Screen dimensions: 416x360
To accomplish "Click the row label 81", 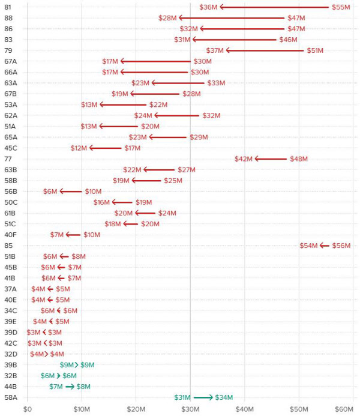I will [x=8, y=7].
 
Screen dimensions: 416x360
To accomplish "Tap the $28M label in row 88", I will [x=167, y=18].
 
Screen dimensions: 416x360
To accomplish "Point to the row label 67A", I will [x=10, y=61].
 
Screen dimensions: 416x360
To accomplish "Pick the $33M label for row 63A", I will [x=216, y=83].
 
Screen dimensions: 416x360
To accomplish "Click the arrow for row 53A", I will [x=123, y=104].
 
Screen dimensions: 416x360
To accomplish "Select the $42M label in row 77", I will [x=245, y=159].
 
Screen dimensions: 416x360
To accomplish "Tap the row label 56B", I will [x=10, y=191].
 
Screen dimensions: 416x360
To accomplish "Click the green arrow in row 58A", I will [x=203, y=397].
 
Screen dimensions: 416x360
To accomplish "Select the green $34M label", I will [x=224, y=397].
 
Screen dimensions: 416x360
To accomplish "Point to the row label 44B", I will [x=10, y=387].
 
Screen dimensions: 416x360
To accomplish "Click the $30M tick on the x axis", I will [x=190, y=409].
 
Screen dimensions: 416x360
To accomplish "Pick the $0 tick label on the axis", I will [x=27, y=409].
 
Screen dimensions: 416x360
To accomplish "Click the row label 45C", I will [x=10, y=148].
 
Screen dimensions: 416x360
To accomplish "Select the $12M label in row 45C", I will [x=79, y=148].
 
